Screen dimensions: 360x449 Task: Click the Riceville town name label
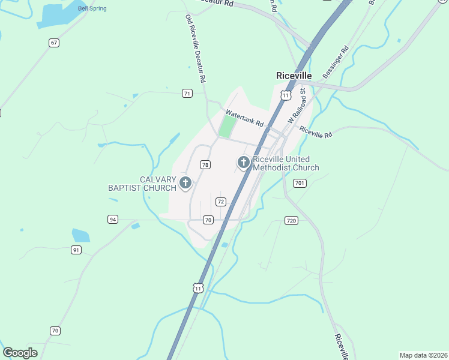coord(294,76)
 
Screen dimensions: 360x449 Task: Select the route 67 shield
coord(55,43)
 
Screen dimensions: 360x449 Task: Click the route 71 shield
coord(188,93)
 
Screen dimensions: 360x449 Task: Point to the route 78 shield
coord(205,164)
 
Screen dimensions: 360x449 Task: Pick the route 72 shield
coord(221,202)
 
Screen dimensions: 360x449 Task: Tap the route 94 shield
coord(113,219)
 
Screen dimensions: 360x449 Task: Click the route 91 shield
coord(76,250)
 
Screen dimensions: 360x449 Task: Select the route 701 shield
coord(300,183)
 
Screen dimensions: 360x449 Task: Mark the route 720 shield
coord(292,221)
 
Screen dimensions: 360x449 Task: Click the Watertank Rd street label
coord(244,118)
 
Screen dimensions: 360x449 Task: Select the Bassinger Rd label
coord(335,63)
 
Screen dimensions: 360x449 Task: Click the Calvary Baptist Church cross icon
coord(185,182)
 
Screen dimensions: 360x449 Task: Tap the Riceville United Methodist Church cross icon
coord(244,162)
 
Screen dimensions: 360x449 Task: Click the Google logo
coord(20,353)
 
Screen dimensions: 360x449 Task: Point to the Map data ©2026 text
coord(423,355)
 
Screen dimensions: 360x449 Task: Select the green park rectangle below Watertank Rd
coord(227,127)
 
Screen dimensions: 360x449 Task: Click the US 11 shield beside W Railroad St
coord(286,95)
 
